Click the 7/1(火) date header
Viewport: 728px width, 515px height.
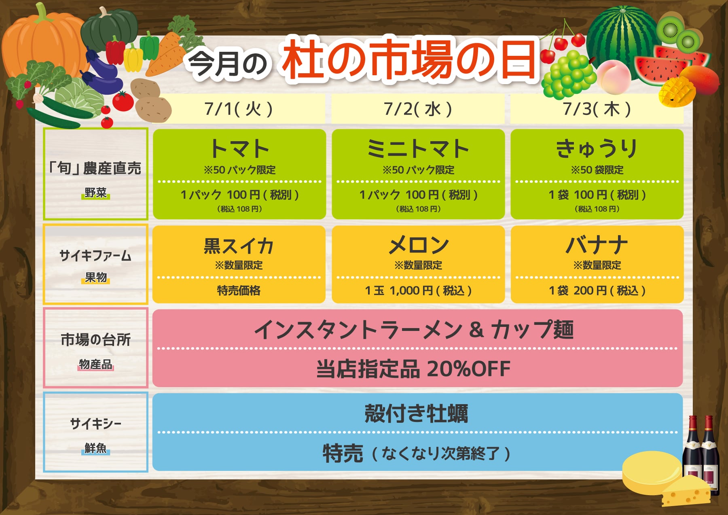[x=238, y=109]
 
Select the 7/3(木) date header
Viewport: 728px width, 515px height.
[x=597, y=109]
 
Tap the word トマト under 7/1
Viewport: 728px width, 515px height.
[x=239, y=148]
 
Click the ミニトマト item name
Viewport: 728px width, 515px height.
[x=418, y=148]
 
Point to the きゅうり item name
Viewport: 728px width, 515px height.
[x=597, y=148]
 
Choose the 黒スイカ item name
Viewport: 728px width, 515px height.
[x=239, y=246]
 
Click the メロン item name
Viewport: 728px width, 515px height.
[x=419, y=245]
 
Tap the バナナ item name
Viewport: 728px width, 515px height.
[x=597, y=245]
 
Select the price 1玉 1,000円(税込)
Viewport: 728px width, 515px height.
[x=418, y=290]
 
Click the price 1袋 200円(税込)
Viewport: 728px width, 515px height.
[x=597, y=290]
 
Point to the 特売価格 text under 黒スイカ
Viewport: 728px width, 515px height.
[x=239, y=290]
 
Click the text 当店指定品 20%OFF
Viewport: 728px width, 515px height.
[x=413, y=369]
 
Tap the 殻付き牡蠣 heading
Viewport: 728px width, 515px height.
[x=416, y=413]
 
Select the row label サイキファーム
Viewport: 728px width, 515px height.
[x=95, y=256]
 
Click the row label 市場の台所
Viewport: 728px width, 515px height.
[x=95, y=340]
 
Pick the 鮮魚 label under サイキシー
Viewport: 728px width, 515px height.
[x=95, y=448]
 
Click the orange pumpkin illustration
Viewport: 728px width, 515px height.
[x=44, y=42]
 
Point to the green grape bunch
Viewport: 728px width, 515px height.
[x=568, y=75]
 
